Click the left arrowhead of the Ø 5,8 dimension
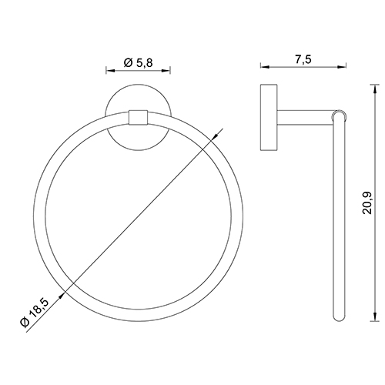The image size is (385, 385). point(108,70)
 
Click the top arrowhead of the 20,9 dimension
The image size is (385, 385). point(376,85)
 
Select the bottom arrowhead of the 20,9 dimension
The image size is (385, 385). point(376,320)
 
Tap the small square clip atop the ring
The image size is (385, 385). point(138,117)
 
